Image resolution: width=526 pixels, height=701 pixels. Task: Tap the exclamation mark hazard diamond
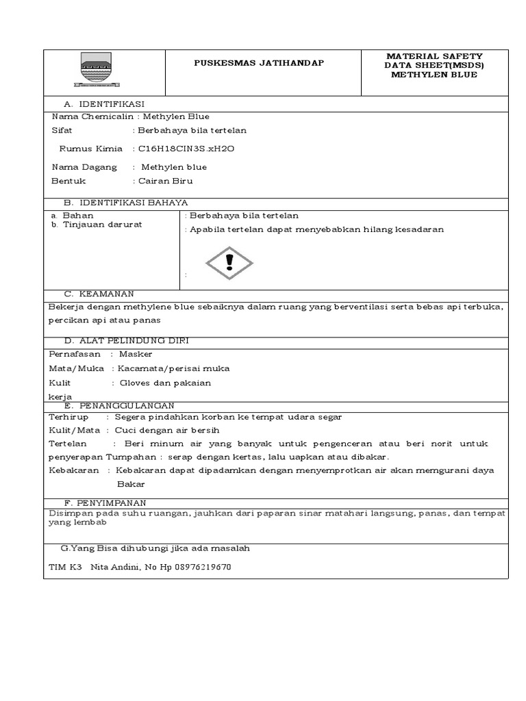click(x=230, y=262)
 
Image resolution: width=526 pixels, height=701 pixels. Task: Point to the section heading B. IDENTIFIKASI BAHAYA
click(x=125, y=203)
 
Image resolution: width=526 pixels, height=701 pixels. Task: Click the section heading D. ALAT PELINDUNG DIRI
click(x=127, y=340)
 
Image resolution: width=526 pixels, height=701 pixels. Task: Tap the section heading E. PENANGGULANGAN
click(x=119, y=405)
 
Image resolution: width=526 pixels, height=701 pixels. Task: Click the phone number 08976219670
click(x=203, y=567)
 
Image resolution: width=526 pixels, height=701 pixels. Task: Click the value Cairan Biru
click(x=166, y=181)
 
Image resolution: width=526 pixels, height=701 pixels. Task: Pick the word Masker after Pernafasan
click(x=136, y=354)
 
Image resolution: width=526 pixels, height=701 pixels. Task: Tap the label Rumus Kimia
click(x=90, y=149)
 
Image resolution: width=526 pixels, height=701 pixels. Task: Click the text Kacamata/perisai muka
click(x=174, y=368)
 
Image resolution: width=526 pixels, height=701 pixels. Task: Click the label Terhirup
click(x=69, y=417)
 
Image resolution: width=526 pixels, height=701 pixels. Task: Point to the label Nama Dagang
click(x=84, y=167)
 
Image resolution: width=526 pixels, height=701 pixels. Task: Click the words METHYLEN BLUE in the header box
click(x=434, y=75)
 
